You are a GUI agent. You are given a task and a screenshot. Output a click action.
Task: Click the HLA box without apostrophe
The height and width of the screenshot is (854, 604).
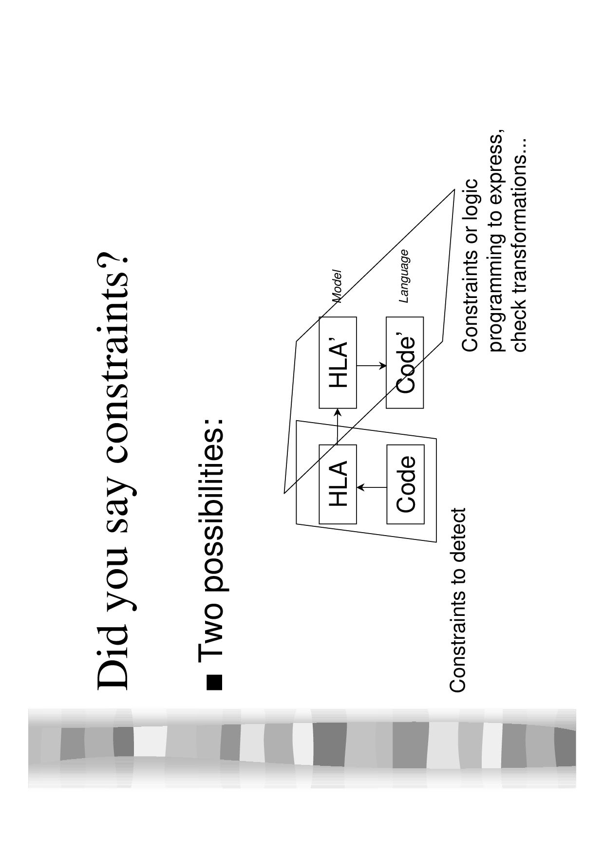tap(338, 484)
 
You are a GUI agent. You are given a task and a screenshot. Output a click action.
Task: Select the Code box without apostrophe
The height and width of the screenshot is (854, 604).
tap(406, 484)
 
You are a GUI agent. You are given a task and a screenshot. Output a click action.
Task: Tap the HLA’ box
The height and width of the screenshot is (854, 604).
tap(338, 363)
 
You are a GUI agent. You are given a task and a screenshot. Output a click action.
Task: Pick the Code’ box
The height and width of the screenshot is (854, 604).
tap(405, 363)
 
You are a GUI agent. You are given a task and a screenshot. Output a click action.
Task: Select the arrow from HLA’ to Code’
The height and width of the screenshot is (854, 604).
tap(372, 365)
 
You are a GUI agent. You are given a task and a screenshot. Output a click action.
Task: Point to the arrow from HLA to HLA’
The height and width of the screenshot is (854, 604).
tap(338, 426)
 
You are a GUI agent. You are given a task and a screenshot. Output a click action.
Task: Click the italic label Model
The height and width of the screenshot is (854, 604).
tap(337, 287)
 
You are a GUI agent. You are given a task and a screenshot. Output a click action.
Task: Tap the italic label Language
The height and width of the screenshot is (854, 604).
tap(404, 276)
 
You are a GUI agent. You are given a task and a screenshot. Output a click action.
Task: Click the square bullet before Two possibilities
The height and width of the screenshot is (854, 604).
tap(214, 682)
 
